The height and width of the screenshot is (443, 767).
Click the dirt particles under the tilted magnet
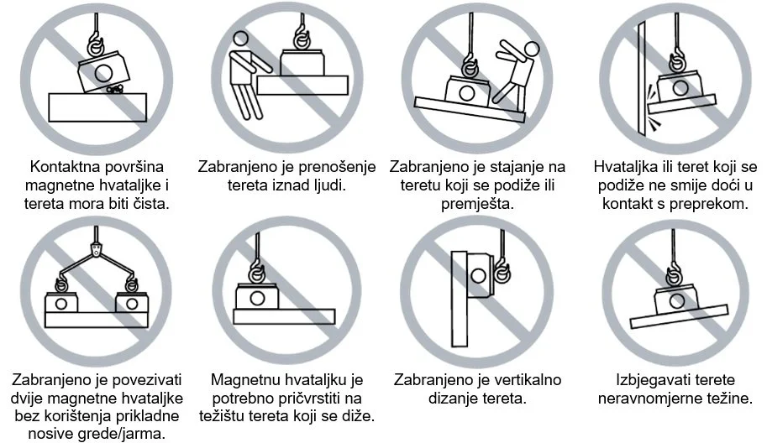click(113, 89)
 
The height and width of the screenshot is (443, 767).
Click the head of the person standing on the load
click(531, 49)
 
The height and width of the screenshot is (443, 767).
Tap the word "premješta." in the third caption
click(477, 204)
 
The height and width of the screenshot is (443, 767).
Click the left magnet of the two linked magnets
click(61, 302)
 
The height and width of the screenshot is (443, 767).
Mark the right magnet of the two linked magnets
click(132, 302)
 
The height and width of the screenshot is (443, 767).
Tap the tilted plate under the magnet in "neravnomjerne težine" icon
click(680, 316)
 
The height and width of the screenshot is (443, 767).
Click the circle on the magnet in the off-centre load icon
click(257, 299)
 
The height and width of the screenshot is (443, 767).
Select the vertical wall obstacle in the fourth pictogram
click(641, 77)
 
